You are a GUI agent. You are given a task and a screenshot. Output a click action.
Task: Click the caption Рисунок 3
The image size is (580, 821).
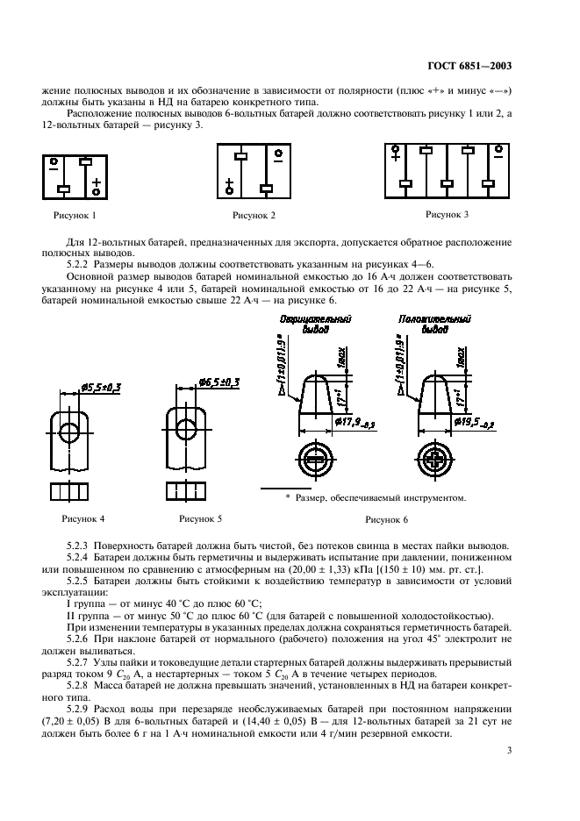[x=447, y=213]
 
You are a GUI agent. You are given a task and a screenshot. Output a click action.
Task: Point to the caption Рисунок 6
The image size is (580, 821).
[x=386, y=519]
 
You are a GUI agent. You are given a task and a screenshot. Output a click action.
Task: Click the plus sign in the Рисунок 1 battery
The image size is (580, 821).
[x=96, y=184]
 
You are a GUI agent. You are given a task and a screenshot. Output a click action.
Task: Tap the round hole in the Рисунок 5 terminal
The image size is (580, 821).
[x=185, y=430]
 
